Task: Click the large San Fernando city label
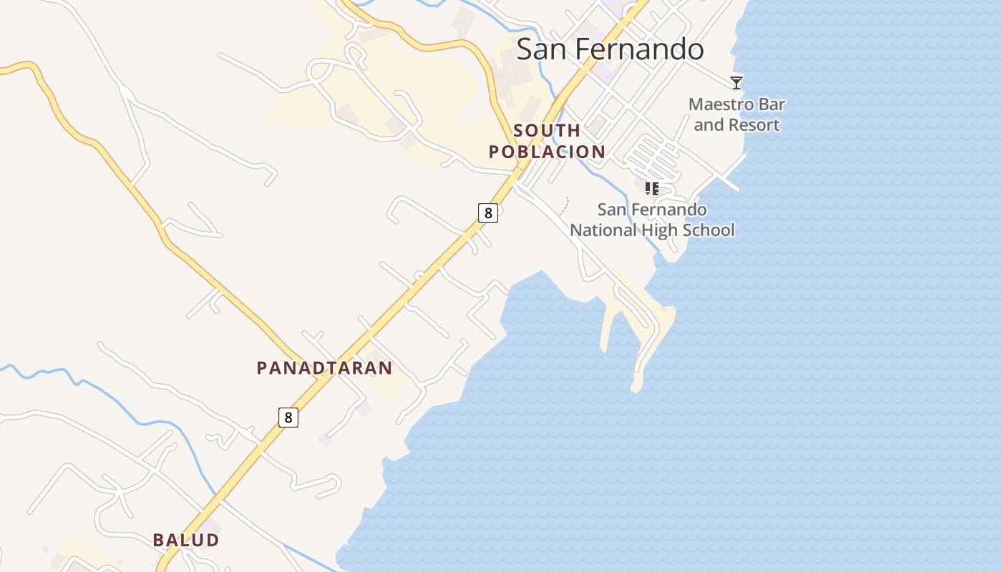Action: pos(610,49)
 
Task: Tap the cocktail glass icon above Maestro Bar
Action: pos(736,82)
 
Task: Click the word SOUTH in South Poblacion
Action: pos(547,130)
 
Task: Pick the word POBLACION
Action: pos(547,152)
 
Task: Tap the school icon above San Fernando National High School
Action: pos(651,189)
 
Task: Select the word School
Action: pos(706,230)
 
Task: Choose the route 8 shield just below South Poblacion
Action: pos(487,212)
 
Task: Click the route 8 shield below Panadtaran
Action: pos(288,417)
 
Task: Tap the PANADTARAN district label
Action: pos(324,368)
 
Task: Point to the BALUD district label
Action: pos(185,540)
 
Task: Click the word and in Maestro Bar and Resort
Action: pos(709,125)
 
